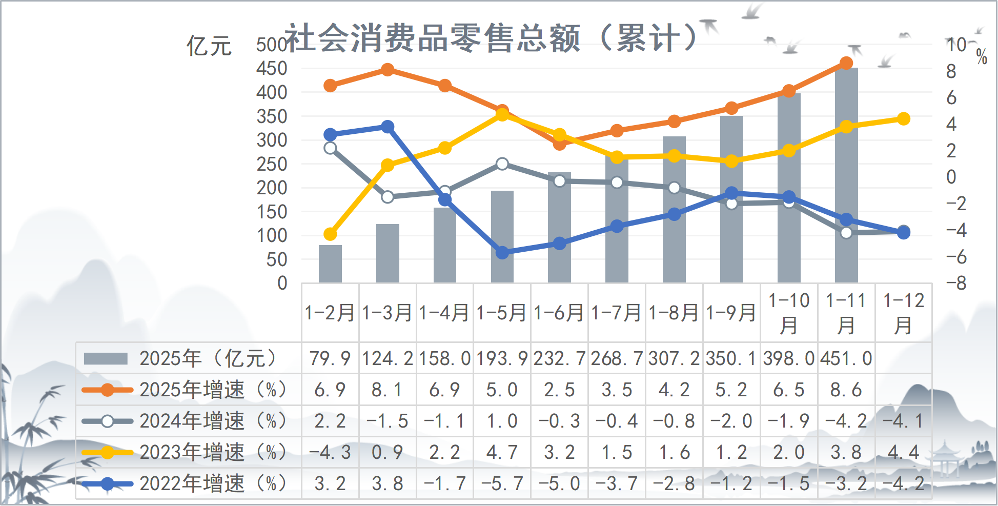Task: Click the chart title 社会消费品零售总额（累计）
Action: point(491,38)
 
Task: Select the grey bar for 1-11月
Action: point(846,174)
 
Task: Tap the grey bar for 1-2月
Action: point(330,264)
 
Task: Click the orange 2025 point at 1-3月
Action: point(388,70)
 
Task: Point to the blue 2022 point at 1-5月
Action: point(502,252)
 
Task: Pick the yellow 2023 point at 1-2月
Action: point(330,234)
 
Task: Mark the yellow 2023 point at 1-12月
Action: point(904,119)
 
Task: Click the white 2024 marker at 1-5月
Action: point(502,164)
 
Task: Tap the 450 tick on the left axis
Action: point(272,68)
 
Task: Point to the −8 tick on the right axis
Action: point(956,283)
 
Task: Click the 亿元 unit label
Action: point(209,46)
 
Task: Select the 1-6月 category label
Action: point(559,313)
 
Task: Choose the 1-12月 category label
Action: point(904,313)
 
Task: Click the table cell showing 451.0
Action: point(846,358)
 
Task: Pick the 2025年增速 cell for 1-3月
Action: point(388,390)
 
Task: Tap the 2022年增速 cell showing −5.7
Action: point(502,483)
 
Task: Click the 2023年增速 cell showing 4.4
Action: point(904,452)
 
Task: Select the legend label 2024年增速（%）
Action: point(213,421)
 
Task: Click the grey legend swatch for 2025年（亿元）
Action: point(106,358)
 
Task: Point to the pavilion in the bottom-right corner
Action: point(946,459)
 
